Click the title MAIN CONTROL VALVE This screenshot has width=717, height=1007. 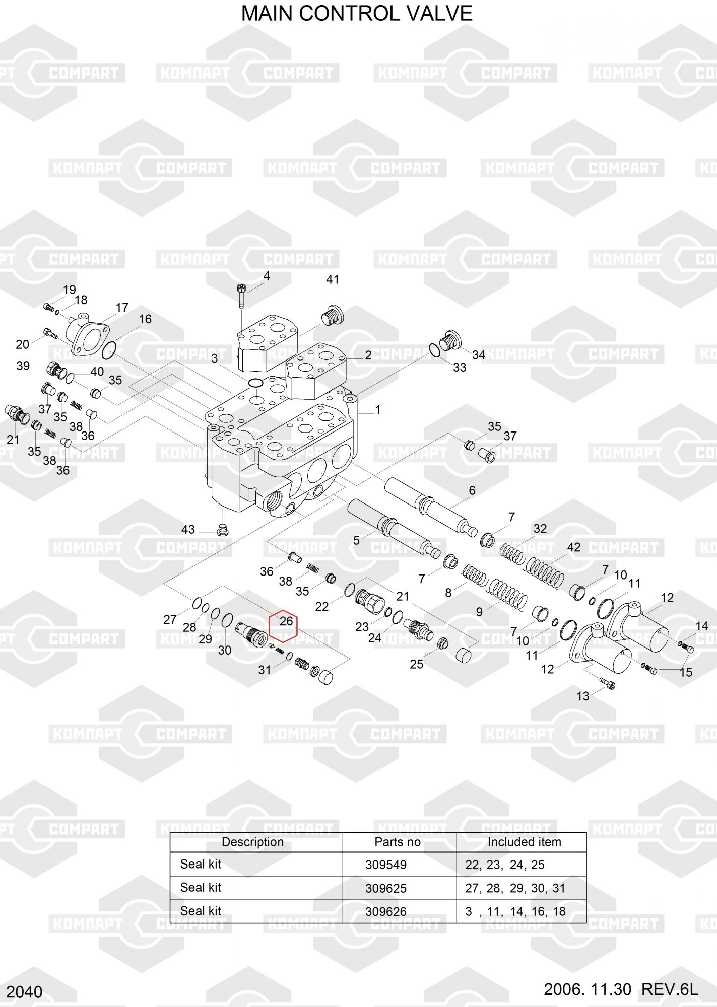click(357, 14)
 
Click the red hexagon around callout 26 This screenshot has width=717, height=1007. click(284, 627)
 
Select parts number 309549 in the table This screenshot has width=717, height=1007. click(385, 865)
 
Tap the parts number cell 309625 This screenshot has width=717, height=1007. click(385, 888)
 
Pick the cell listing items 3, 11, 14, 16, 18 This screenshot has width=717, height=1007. click(515, 911)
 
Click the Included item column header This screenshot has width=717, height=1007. click(524, 842)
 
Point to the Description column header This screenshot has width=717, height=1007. click(252, 842)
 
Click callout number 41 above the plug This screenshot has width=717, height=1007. click(333, 279)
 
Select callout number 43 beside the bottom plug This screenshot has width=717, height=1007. click(188, 529)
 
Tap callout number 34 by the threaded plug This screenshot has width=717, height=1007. click(478, 355)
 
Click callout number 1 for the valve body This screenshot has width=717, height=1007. click(377, 410)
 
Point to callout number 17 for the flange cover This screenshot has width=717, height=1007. click(122, 307)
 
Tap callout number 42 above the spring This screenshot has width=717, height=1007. click(574, 547)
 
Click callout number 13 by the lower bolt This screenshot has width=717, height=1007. click(583, 696)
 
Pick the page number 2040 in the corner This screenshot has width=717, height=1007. click(24, 992)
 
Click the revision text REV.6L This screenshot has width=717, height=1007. click(670, 990)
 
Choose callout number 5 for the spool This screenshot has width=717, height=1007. click(356, 540)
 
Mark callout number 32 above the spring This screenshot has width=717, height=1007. click(540, 529)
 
